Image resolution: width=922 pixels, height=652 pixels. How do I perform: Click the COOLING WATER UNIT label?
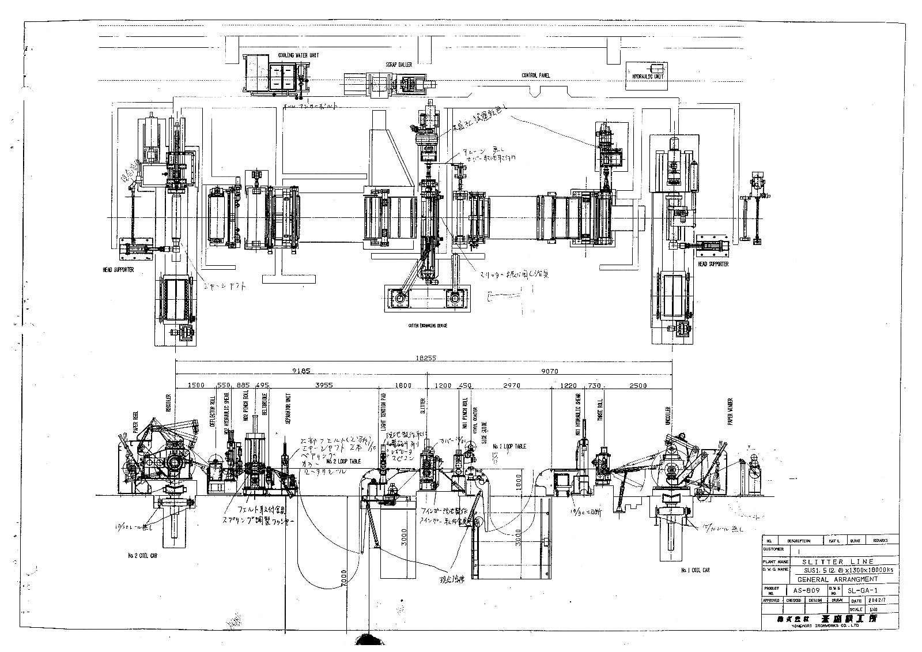[298, 55]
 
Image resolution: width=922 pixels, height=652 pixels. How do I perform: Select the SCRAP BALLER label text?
[399, 65]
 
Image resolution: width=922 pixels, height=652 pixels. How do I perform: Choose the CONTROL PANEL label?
[536, 76]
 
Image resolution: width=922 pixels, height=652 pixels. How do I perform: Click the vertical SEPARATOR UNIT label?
[288, 412]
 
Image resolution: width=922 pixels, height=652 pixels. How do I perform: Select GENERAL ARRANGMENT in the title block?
[837, 579]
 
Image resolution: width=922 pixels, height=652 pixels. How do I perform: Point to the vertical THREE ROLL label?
[600, 410]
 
